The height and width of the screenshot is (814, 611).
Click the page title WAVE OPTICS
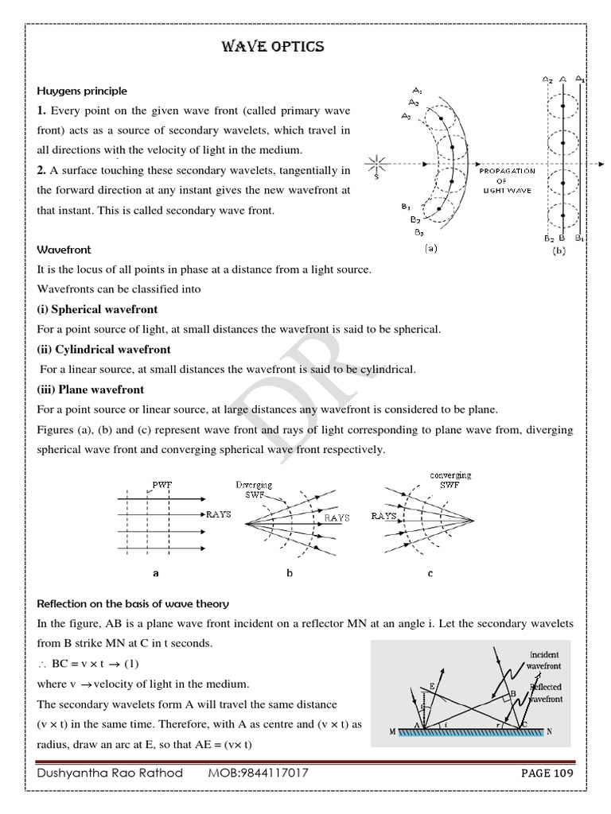272,47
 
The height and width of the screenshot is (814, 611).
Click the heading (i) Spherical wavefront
97,309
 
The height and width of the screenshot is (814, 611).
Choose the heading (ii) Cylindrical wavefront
103,349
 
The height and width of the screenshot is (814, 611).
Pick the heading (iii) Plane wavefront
91,390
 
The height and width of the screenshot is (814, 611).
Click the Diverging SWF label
253,487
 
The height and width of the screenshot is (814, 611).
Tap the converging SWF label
449,479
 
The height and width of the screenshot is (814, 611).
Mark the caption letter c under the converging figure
430,572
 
